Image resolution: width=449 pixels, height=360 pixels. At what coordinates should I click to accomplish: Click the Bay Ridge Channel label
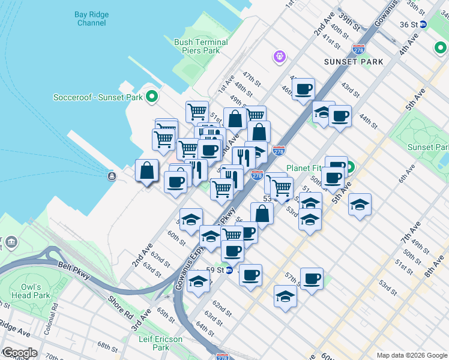(91, 19)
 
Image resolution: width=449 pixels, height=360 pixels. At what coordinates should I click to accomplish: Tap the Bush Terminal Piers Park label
(201, 46)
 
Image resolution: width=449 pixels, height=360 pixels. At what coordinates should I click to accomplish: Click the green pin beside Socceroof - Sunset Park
(152, 96)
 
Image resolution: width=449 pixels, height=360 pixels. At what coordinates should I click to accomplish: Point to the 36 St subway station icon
(423, 25)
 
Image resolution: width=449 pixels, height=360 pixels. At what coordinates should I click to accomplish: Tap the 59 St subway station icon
(229, 270)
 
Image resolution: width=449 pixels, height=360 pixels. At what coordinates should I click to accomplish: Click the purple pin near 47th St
(279, 57)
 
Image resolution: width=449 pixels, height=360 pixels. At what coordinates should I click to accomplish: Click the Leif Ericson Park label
(160, 343)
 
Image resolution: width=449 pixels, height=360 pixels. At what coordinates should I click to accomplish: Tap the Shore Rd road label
(121, 307)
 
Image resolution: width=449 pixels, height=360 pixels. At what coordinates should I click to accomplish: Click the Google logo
(19, 353)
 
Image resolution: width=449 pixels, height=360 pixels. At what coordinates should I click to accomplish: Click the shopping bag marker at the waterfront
(147, 172)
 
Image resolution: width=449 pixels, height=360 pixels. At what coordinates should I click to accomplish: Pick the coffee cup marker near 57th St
(312, 279)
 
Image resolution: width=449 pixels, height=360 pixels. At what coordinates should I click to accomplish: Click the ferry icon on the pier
(112, 176)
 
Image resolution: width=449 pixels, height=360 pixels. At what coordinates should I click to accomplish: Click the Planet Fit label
(304, 168)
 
